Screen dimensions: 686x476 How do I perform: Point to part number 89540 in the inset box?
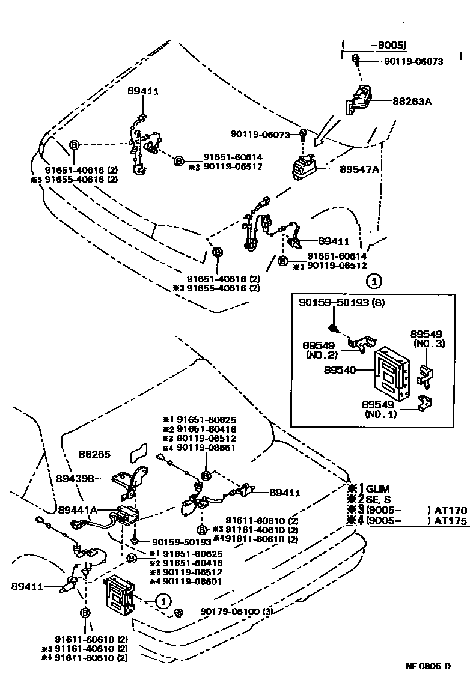[340, 370]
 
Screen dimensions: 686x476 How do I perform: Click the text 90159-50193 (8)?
[341, 304]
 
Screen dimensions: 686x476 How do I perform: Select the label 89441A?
[78, 509]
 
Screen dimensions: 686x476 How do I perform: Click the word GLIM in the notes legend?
[378, 488]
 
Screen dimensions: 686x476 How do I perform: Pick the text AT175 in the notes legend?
[451, 521]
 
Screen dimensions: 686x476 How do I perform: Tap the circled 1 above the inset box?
[373, 280]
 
